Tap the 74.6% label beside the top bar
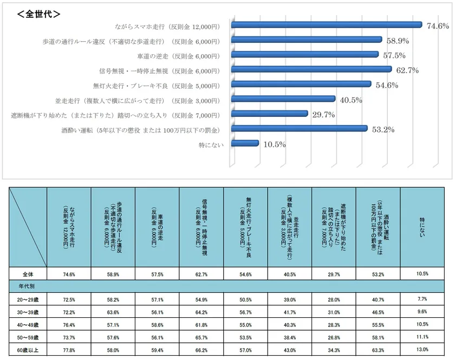[438, 25]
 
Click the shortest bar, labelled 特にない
[245, 143]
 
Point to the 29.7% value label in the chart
[323, 114]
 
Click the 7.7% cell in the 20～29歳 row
[422, 299]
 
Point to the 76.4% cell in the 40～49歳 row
[69, 325]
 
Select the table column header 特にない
[422, 226]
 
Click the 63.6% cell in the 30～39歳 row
[113, 312]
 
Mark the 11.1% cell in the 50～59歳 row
[422, 338]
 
